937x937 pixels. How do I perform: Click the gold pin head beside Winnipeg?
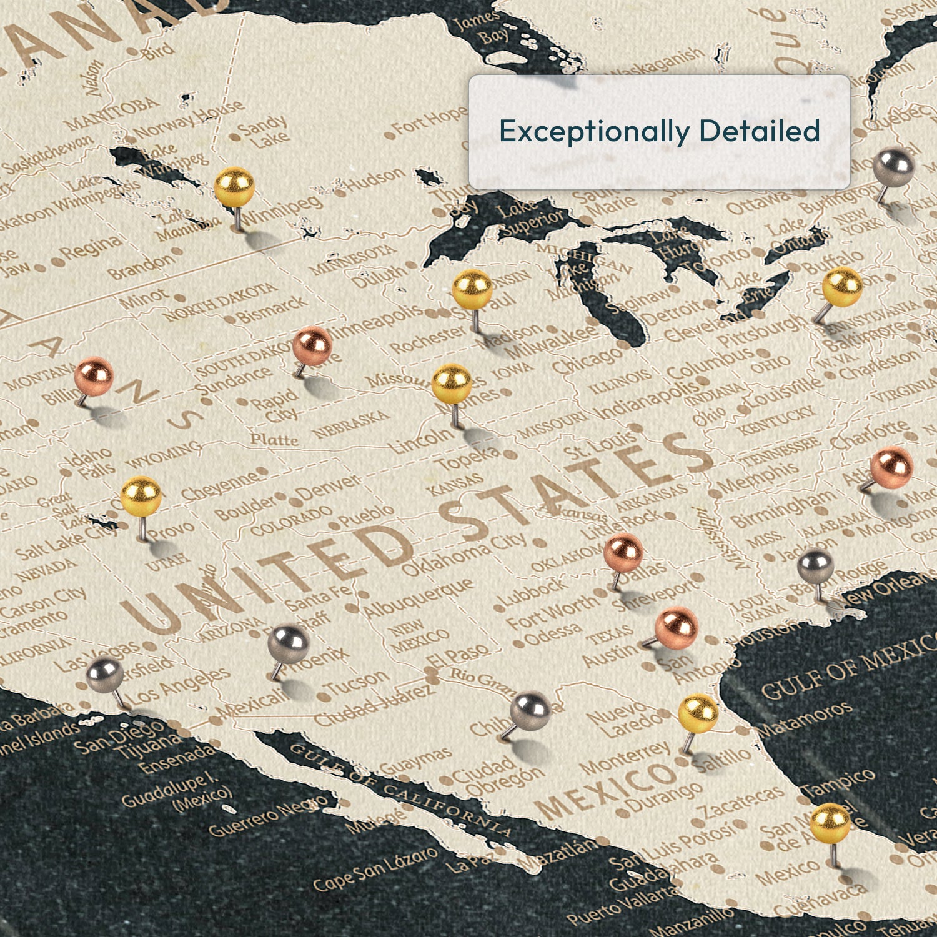click(x=234, y=187)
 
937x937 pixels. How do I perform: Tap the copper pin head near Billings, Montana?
click(x=94, y=376)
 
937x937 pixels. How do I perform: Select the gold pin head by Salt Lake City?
click(x=141, y=496)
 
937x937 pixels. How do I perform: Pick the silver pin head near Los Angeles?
click(x=105, y=675)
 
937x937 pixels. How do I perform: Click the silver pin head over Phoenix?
click(x=289, y=644)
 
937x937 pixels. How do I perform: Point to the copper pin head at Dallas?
click(x=623, y=553)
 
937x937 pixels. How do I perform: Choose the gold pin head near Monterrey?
click(x=698, y=713)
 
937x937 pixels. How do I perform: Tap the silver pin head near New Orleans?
click(x=816, y=567)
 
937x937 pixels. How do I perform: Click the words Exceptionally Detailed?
click(x=659, y=131)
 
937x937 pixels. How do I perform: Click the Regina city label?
click(x=92, y=249)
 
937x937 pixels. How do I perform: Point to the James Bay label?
click(x=481, y=28)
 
